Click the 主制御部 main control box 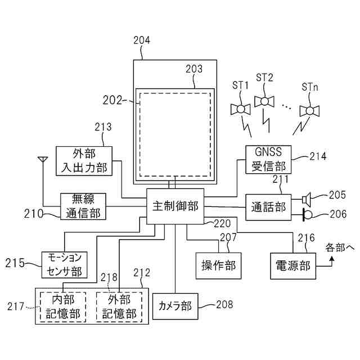point(175,206)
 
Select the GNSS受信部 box point(268,159)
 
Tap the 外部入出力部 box point(85,160)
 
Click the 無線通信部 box point(83,206)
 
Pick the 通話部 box point(268,206)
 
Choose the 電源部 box point(293,265)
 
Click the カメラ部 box point(175,307)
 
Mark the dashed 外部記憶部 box point(119,307)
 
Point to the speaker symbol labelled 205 point(307,199)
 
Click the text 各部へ point(340,247)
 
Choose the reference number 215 point(15,262)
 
